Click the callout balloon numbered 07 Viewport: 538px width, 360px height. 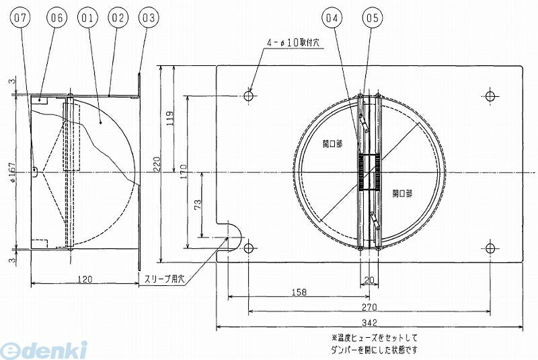(x=20, y=18)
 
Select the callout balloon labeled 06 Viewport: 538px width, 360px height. (x=56, y=18)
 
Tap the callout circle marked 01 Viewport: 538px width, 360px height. (x=87, y=18)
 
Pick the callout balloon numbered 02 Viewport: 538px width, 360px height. (x=118, y=18)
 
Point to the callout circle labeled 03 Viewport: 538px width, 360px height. (x=148, y=18)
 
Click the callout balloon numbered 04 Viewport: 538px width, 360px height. (x=332, y=18)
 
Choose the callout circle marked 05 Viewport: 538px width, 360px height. (x=372, y=18)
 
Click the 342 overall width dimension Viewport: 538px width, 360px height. (x=369, y=322)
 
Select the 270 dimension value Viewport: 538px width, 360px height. (x=369, y=307)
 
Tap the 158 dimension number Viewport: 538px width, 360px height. (x=299, y=292)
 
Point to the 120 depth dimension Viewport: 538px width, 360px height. (x=85, y=279)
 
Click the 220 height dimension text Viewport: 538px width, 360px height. (x=157, y=164)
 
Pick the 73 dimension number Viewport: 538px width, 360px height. (x=198, y=205)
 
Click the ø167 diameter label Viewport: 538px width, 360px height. (x=11, y=172)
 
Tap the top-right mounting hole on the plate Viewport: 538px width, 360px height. (x=490, y=96)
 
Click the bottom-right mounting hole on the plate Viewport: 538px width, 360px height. (x=490, y=248)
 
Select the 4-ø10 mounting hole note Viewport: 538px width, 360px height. (x=293, y=43)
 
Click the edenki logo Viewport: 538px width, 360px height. (x=44, y=350)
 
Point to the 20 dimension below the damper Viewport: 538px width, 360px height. (x=369, y=280)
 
